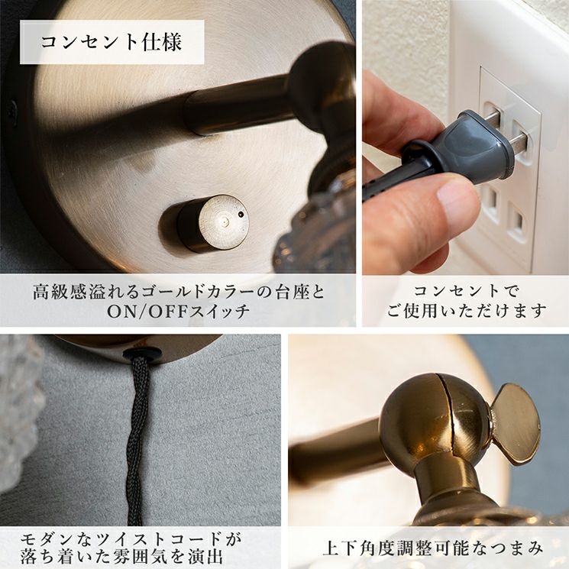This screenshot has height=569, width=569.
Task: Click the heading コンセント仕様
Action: click(112, 42)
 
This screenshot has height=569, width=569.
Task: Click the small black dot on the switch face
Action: click(240, 215)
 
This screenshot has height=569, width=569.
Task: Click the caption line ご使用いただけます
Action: click(466, 311)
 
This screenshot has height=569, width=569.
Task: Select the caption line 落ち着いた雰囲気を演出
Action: click(121, 557)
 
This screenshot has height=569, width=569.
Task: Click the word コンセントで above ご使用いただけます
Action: click(466, 291)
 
